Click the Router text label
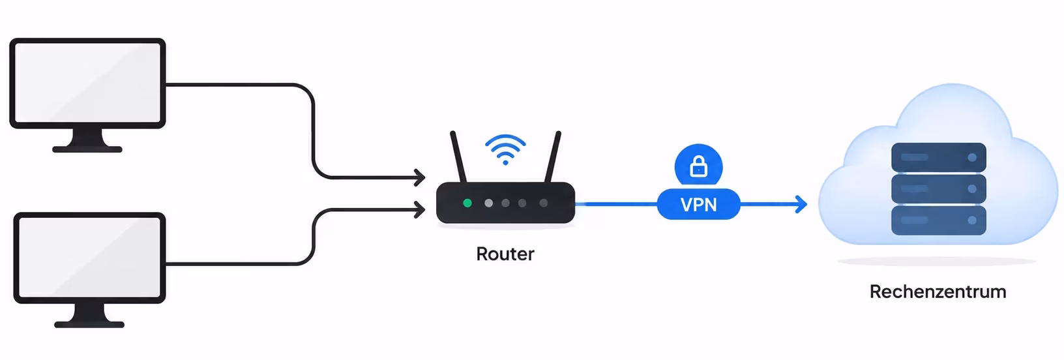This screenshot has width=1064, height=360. pos(505,254)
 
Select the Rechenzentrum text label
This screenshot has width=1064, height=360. pos(938,292)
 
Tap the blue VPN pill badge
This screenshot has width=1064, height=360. pos(698,204)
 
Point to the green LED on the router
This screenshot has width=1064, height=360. pos(467,203)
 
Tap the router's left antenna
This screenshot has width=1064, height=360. pos(458,157)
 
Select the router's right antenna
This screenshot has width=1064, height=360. pos(553,157)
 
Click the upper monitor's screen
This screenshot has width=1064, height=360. pos(88,83)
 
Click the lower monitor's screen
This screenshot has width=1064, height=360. pos(89,258)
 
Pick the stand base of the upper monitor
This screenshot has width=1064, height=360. pos(87,149)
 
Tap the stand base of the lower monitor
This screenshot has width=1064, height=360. pos(89,324)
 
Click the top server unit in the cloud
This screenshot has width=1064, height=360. pos(939,157)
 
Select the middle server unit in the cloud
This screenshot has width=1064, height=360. pos(939,188)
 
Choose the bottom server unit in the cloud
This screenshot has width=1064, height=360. pos(939,220)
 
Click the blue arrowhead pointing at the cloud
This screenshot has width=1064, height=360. pos(801,204)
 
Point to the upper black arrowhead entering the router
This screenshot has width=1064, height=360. pos(419,177)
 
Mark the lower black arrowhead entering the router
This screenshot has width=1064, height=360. pos(419,209)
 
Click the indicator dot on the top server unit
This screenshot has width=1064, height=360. pos(972,157)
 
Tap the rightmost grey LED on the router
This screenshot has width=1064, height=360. pos(543,203)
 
